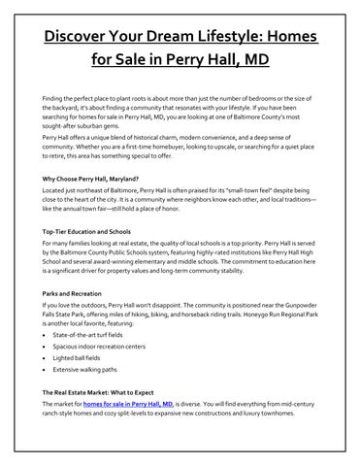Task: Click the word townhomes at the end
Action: pyautogui.click(x=289, y=438)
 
